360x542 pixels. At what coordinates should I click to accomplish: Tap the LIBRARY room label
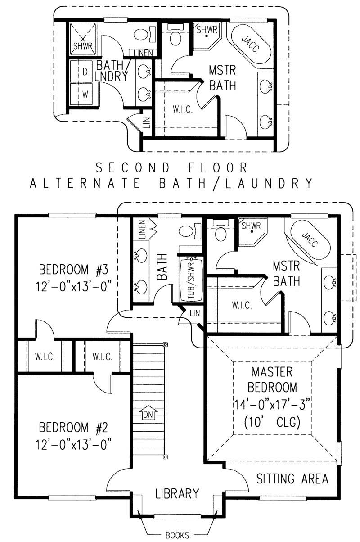tap(177, 493)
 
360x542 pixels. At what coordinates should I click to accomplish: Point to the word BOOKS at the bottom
tap(177, 535)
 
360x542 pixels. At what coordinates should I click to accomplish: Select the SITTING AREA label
tap(292, 479)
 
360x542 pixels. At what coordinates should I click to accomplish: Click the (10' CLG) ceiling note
tap(272, 423)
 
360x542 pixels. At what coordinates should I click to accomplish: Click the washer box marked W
tap(84, 94)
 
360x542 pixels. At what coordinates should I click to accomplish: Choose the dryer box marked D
tap(84, 72)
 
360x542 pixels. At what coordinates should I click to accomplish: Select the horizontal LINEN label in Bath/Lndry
tap(143, 53)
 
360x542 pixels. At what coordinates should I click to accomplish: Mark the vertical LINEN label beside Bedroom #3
tap(141, 230)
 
